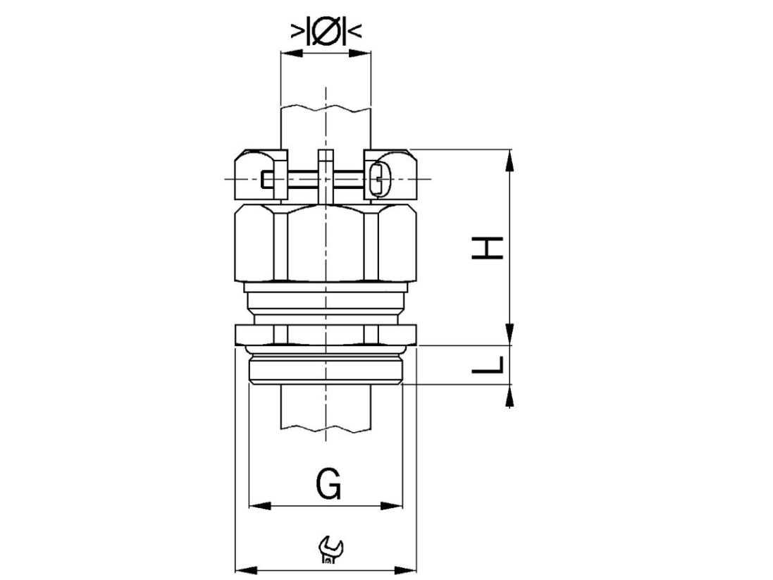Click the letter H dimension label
[x=487, y=248]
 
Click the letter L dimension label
[x=487, y=365]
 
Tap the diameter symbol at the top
[x=326, y=32]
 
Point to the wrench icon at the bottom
[x=330, y=550]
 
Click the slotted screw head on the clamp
[x=379, y=178]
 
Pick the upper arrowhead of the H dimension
[x=509, y=160]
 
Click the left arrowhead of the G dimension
[x=260, y=505]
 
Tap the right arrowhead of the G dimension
[x=392, y=505]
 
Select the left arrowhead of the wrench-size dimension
[x=247, y=570]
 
